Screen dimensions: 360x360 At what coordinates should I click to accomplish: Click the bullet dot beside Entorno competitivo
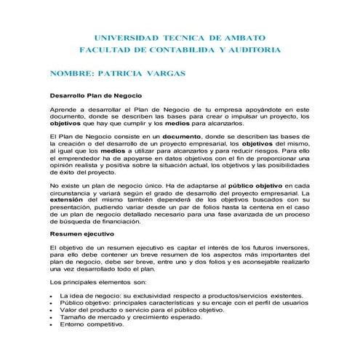pos(50,324)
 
